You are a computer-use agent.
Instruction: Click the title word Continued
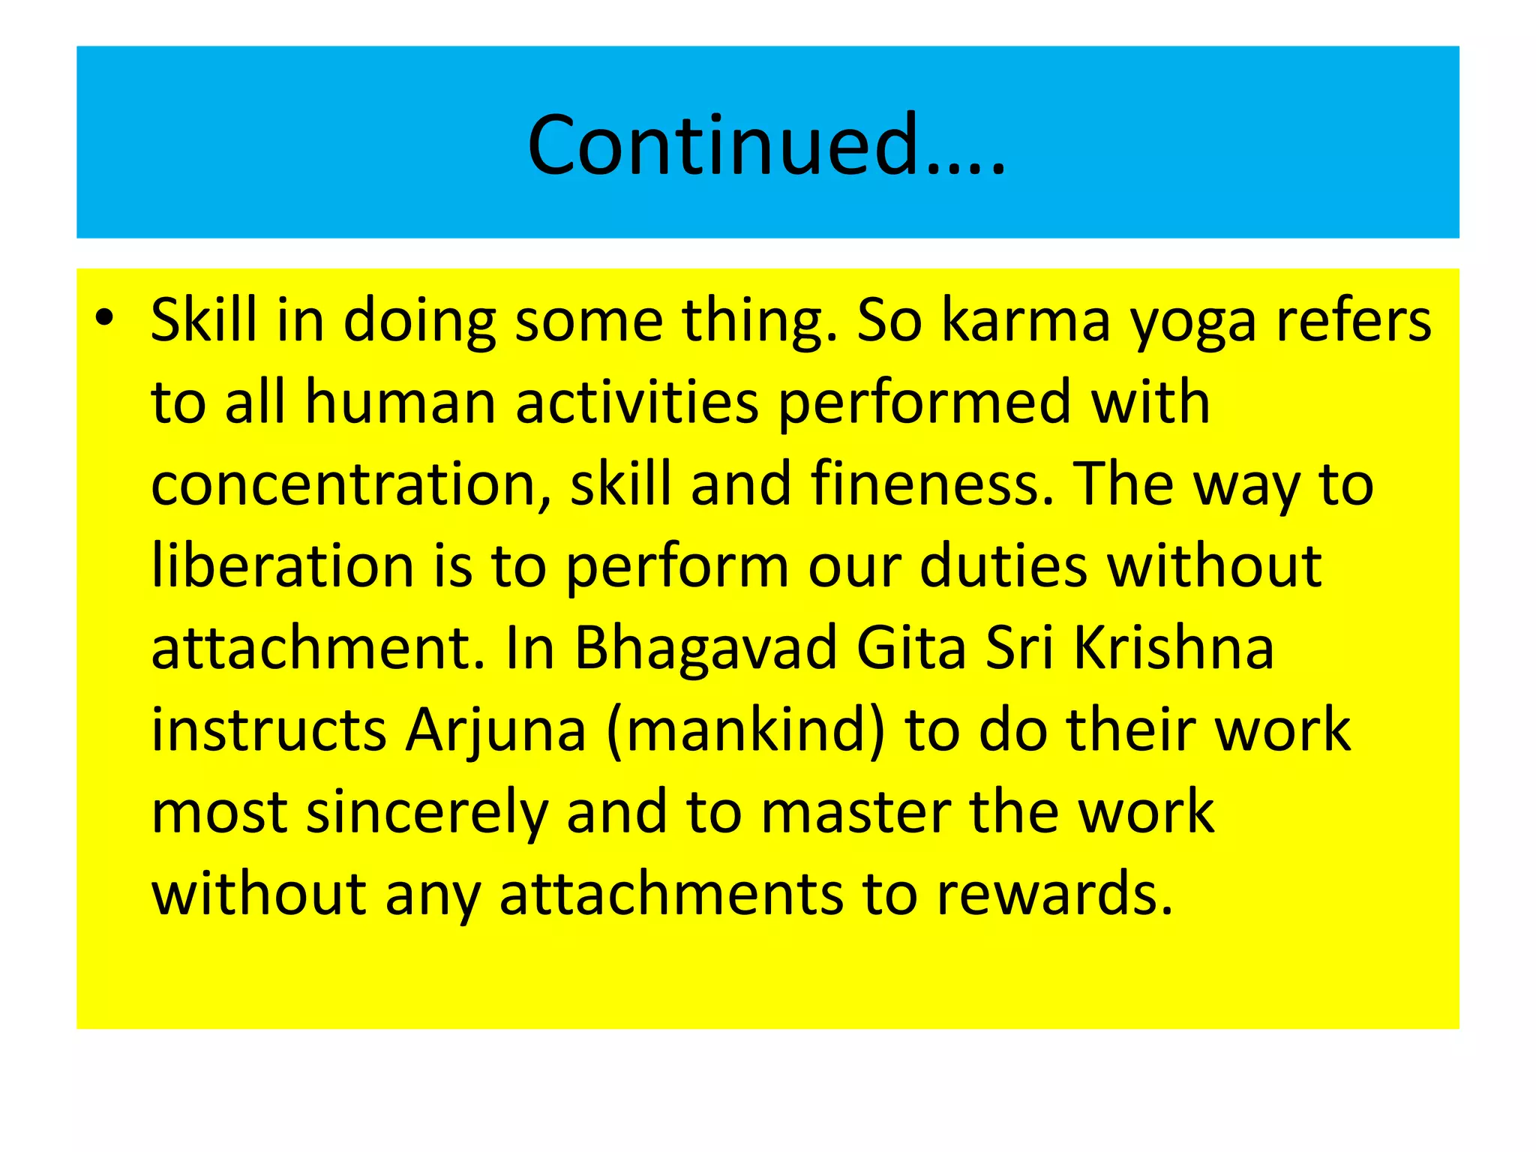pyautogui.click(x=765, y=144)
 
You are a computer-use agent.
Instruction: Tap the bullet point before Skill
pyautogui.click(x=104, y=319)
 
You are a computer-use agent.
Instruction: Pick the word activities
pyautogui.click(x=637, y=403)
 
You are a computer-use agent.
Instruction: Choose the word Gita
pyautogui.click(x=910, y=648)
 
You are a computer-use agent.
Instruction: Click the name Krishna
pyautogui.click(x=1174, y=648)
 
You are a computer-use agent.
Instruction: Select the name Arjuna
pyautogui.click(x=495, y=731)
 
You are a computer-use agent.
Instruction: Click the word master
pyautogui.click(x=856, y=813)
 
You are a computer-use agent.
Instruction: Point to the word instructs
pyautogui.click(x=268, y=730)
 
